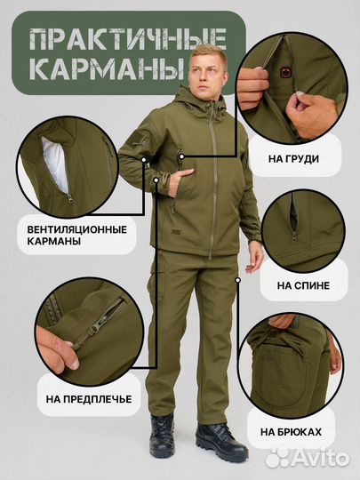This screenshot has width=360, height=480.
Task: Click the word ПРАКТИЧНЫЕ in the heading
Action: (x=127, y=39)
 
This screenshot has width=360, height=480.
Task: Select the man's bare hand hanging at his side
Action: (x=254, y=258)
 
